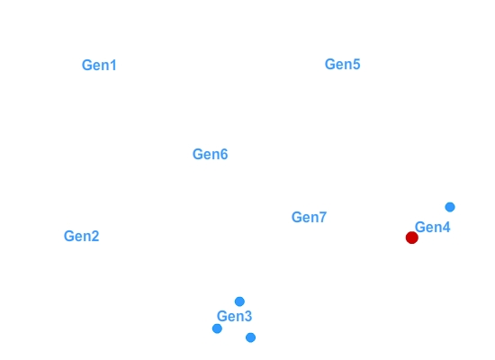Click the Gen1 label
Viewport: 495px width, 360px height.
tap(99, 66)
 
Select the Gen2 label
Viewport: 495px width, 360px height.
tap(81, 236)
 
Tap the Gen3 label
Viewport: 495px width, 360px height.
tap(234, 316)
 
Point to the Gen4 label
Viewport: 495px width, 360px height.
tap(433, 228)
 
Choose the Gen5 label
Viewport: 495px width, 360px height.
tap(343, 65)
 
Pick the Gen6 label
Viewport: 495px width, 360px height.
tap(211, 155)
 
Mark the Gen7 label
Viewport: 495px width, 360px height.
tap(309, 217)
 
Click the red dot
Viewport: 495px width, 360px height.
tap(412, 238)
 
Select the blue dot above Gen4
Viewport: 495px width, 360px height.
tap(450, 207)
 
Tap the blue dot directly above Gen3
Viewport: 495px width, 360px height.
tap(239, 301)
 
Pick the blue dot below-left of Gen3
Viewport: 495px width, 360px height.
tap(217, 328)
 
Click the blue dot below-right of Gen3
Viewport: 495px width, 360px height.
tap(251, 337)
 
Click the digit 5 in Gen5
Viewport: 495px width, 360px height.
tap(356, 65)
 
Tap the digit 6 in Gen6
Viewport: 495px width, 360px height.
tap(224, 155)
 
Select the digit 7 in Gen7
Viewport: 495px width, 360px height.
tap(322, 217)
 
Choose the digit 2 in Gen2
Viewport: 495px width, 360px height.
tap(95, 236)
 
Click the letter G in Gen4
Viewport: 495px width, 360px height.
tap(420, 228)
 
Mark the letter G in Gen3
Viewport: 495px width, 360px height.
tap(222, 316)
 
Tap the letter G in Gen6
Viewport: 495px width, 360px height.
tap(198, 155)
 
